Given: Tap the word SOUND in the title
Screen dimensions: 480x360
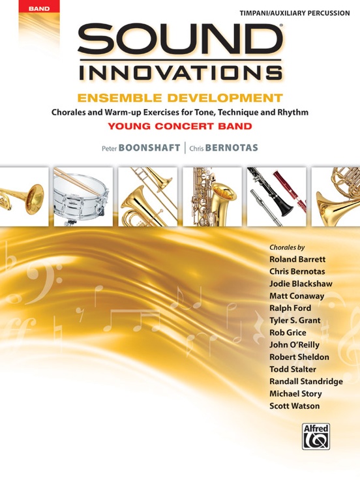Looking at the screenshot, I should click(180, 44).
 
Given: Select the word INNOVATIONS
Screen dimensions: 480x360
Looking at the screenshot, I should click(179, 73).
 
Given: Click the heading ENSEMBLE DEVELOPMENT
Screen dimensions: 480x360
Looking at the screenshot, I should click(179, 99).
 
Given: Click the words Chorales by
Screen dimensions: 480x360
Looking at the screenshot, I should click(287, 247).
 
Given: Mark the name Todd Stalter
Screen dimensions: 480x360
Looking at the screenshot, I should click(293, 370).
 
